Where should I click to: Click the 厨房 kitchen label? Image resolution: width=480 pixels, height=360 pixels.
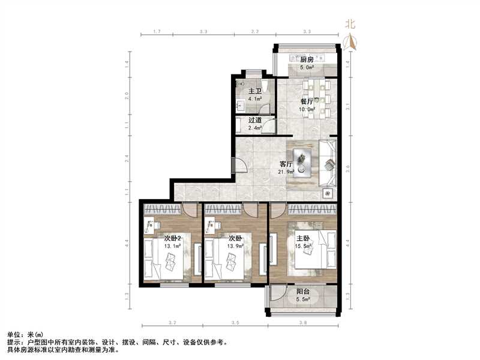pyautogui.click(x=307, y=59)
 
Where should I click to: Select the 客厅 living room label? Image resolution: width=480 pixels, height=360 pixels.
pyautogui.click(x=286, y=164)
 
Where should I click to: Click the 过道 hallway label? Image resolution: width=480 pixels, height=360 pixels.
pyautogui.click(x=254, y=119)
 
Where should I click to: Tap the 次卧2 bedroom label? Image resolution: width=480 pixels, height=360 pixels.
pyautogui.click(x=173, y=238)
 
